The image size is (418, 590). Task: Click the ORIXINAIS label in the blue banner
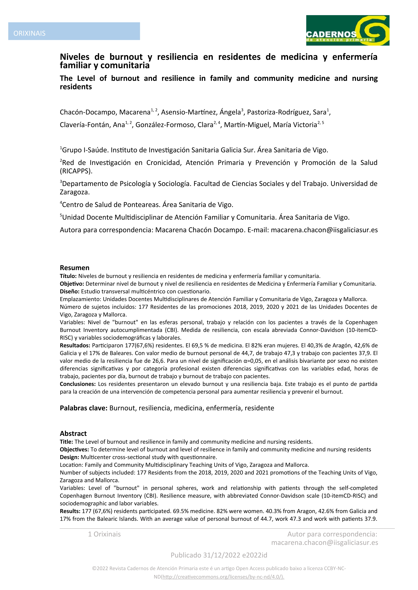click(x=29, y=33)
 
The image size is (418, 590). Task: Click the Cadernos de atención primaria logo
click(x=348, y=30)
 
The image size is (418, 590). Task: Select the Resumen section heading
click(x=75, y=268)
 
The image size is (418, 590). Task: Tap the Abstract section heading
click(x=73, y=434)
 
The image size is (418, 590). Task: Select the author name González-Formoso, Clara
click(x=174, y=125)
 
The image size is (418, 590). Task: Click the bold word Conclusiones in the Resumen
click(x=78, y=384)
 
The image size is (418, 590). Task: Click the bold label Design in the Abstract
click(x=69, y=457)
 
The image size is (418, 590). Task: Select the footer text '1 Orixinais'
click(x=104, y=534)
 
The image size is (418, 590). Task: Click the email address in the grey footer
click(x=325, y=542)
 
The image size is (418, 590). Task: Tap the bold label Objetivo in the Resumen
click(x=72, y=284)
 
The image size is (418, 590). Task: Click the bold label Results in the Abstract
click(x=70, y=511)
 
